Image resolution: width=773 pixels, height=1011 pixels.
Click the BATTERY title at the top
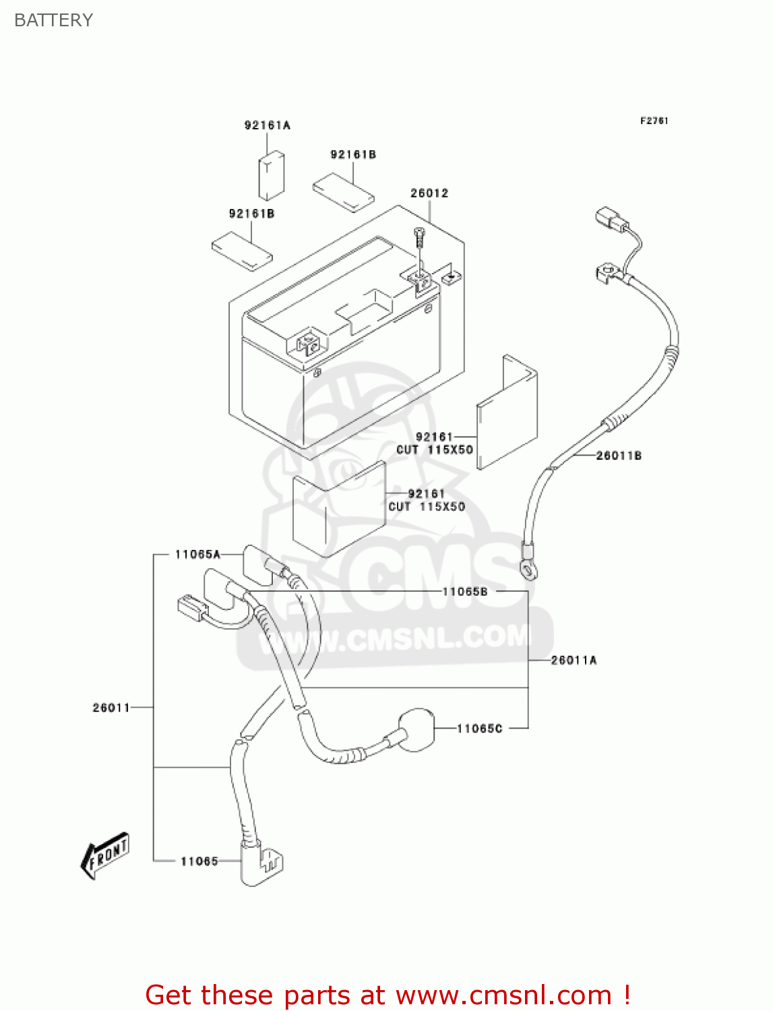click(53, 20)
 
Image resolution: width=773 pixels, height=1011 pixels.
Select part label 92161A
click(267, 125)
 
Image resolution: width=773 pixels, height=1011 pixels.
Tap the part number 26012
click(429, 193)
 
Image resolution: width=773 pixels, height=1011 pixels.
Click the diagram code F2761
click(654, 121)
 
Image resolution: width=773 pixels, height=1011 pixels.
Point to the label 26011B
click(619, 456)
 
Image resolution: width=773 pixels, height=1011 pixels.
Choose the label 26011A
click(574, 661)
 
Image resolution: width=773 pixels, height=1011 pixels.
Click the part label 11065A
click(197, 555)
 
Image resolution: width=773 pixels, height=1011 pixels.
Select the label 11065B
click(464, 592)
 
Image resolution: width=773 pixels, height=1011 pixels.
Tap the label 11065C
click(479, 729)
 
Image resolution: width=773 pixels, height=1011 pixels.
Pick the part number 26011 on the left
click(111, 708)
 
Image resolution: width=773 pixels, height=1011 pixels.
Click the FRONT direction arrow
click(105, 856)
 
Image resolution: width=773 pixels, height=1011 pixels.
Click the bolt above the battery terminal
click(420, 237)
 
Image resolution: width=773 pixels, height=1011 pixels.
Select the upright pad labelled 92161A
click(272, 177)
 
